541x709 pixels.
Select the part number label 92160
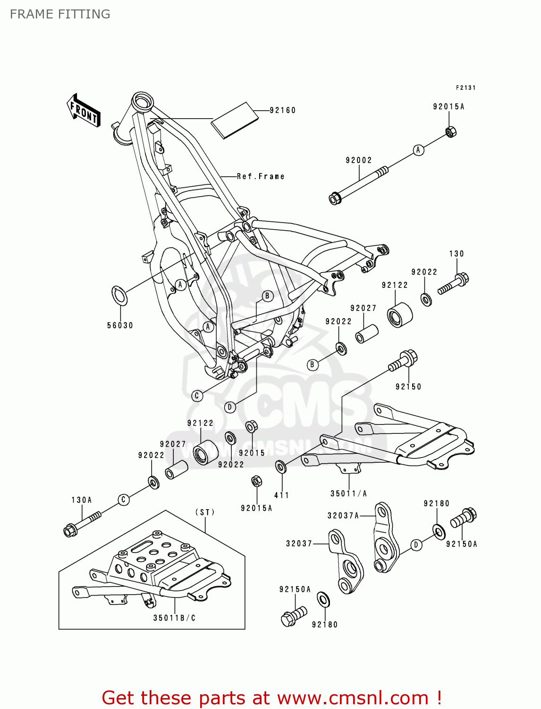click(282, 110)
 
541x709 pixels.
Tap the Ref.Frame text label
click(261, 176)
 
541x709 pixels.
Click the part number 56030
click(120, 325)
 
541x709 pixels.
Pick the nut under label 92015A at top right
click(451, 131)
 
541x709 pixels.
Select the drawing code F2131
click(465, 87)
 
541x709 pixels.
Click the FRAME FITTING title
click(60, 14)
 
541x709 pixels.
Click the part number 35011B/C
click(174, 618)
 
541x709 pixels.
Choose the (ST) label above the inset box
click(205, 512)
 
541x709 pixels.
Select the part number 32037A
click(343, 516)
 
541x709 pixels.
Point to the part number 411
click(281, 495)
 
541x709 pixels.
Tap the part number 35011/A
click(348, 493)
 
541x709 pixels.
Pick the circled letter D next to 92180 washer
click(416, 545)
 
